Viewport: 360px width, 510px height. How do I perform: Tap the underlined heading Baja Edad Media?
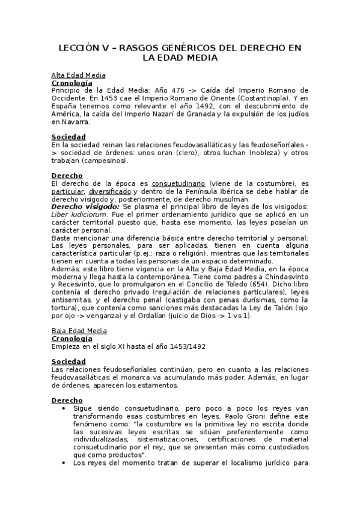[79, 331]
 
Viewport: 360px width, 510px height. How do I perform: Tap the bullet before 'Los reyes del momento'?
[64, 463]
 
